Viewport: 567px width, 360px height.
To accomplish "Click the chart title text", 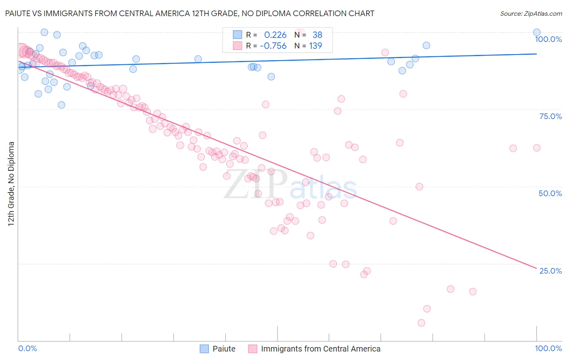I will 190,13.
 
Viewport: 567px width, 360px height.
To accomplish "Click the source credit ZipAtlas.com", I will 531,13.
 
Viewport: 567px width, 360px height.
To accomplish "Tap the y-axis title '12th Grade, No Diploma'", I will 11,184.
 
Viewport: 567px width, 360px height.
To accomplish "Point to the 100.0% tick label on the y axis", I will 548,39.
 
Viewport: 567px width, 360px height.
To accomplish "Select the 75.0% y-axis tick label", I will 550,116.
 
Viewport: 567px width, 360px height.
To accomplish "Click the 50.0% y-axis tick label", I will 550,193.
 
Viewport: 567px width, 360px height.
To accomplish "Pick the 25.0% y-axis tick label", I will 550,270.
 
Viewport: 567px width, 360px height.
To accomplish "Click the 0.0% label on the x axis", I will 27,348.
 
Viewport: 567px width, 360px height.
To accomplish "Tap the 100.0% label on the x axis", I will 548,348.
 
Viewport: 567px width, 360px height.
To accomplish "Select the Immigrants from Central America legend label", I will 321,349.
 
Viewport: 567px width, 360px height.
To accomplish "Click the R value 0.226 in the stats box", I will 275,35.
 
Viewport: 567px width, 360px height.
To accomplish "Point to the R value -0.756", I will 273,46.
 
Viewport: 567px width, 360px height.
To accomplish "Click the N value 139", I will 315,46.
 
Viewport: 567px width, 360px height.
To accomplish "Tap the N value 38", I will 317,35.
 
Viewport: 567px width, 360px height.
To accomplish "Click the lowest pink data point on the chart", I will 421,323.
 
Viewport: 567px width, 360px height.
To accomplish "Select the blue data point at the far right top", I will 537,32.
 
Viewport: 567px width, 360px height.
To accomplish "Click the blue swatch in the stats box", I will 238,35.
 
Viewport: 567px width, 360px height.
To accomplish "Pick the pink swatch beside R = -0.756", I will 238,46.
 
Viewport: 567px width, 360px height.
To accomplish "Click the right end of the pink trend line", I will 536,268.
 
